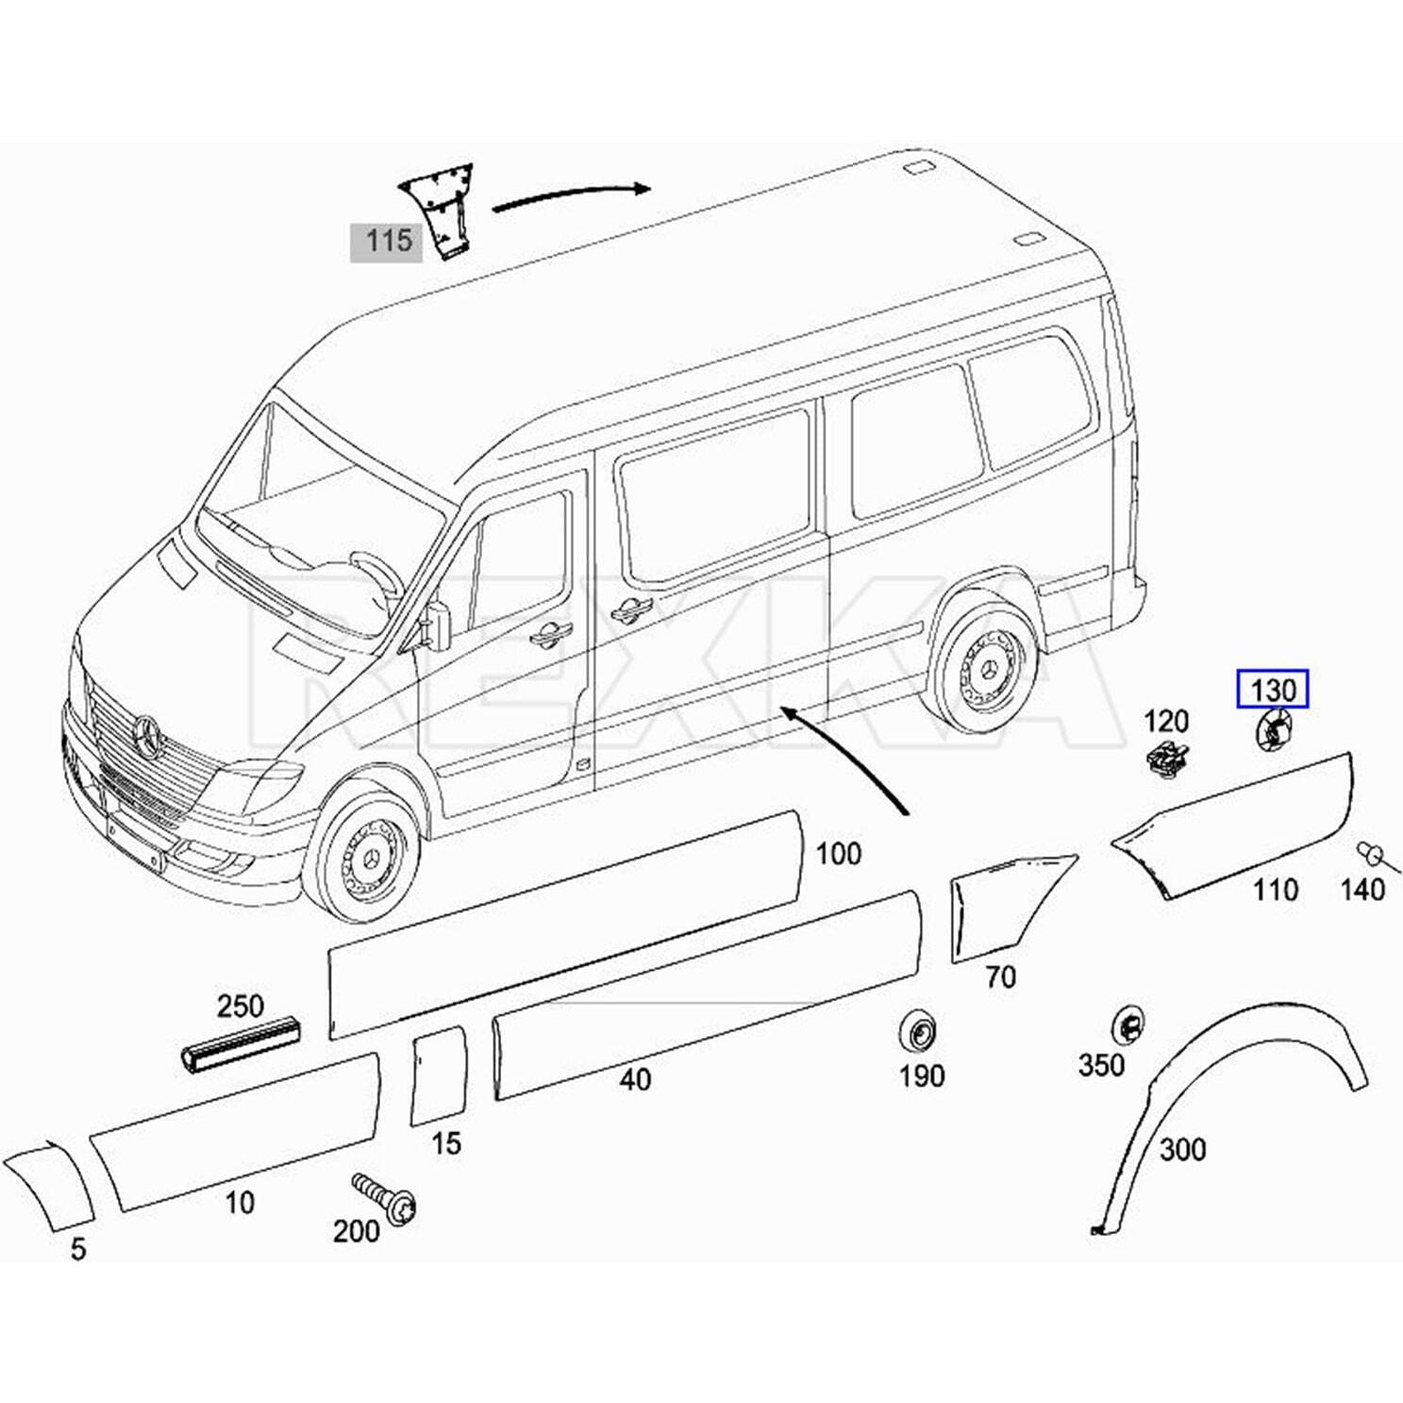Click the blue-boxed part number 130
pos(1273,690)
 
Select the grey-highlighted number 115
pos(387,241)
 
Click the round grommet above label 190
pos(916,1032)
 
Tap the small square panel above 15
pos(440,1077)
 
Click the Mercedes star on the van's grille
pos(148,735)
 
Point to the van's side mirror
pos(438,625)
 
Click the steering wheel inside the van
pos(378,576)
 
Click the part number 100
pos(838,854)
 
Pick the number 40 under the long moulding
pos(635,1079)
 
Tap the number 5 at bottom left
pos(78,1249)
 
